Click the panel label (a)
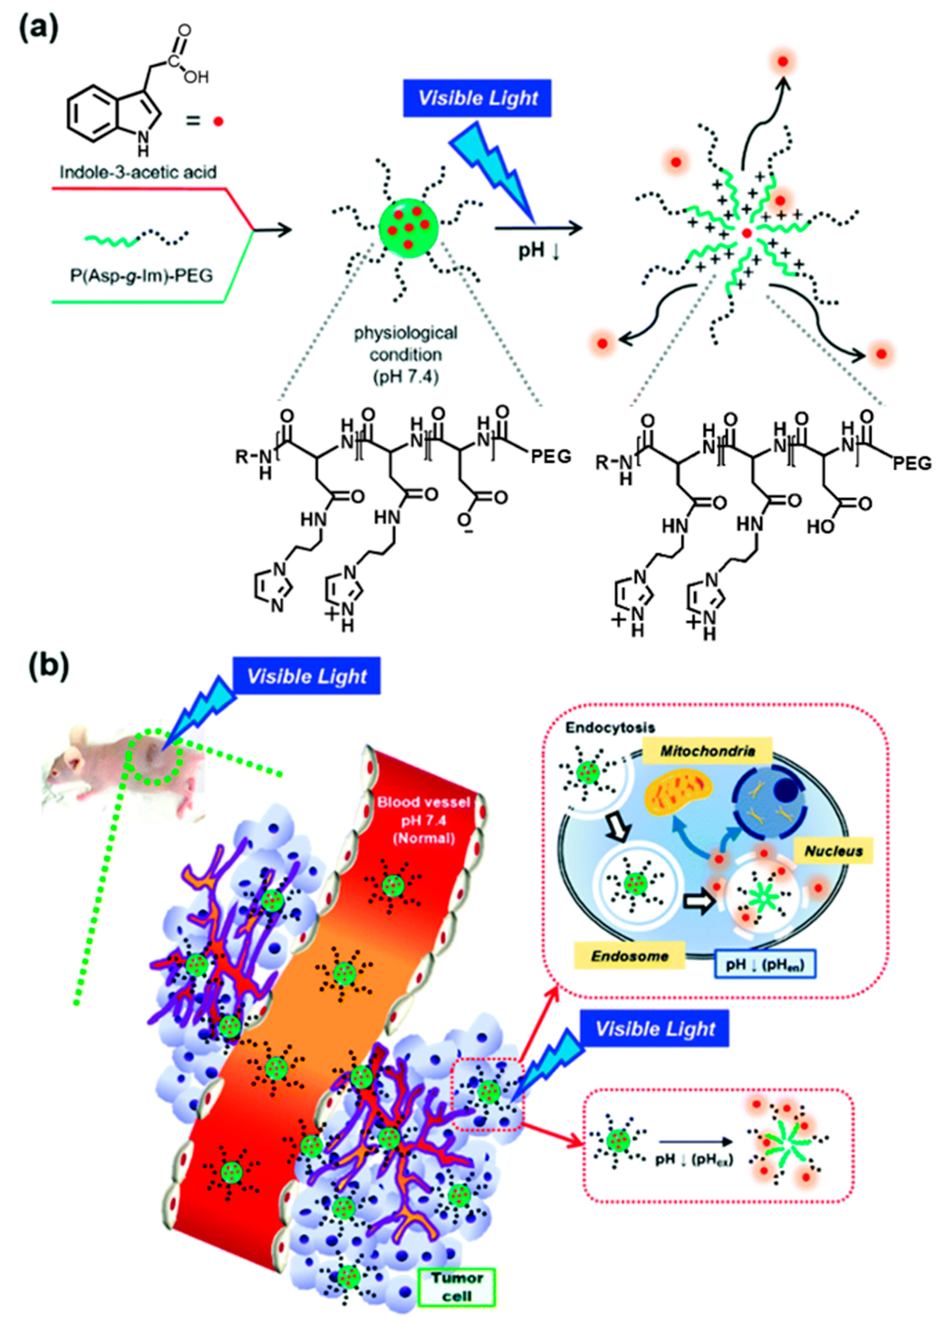point(38,29)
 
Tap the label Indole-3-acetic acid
point(139,172)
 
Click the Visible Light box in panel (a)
point(477,98)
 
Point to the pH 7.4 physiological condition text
point(405,355)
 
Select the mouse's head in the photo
point(64,768)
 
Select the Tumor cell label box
point(457,1287)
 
